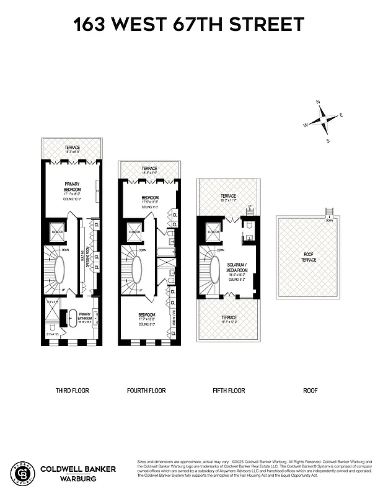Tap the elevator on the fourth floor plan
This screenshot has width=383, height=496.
(133, 232)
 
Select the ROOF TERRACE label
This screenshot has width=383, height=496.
(309, 257)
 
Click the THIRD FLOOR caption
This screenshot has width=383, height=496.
(72, 391)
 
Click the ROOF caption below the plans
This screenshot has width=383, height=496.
(310, 391)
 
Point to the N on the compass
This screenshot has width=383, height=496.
(318, 102)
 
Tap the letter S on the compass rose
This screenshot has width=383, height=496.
(328, 141)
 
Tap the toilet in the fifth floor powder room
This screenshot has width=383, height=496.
(249, 236)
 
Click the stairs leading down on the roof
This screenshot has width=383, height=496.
(329, 214)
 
